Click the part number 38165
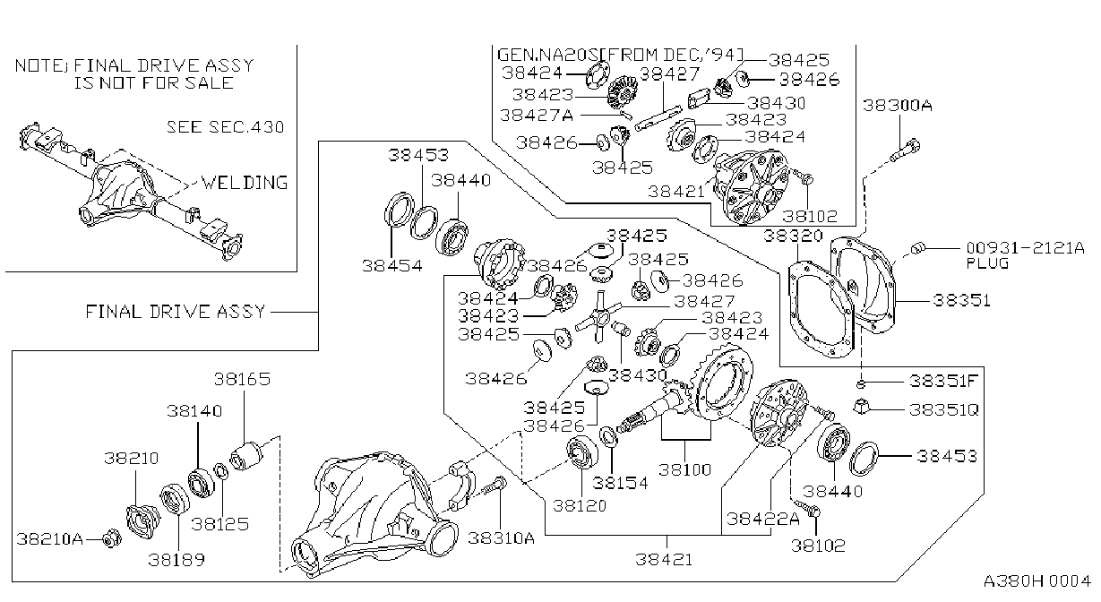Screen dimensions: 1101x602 click(x=242, y=379)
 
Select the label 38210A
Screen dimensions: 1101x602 click(x=49, y=539)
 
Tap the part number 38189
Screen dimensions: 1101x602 click(x=176, y=560)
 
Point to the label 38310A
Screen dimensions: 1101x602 click(x=501, y=538)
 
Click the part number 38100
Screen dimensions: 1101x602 click(x=684, y=469)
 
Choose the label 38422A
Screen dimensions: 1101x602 click(x=763, y=519)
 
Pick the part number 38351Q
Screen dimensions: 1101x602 click(x=944, y=409)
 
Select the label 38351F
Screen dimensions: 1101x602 click(x=943, y=381)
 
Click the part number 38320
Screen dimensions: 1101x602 click(x=793, y=236)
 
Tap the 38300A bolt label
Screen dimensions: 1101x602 click(x=898, y=105)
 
